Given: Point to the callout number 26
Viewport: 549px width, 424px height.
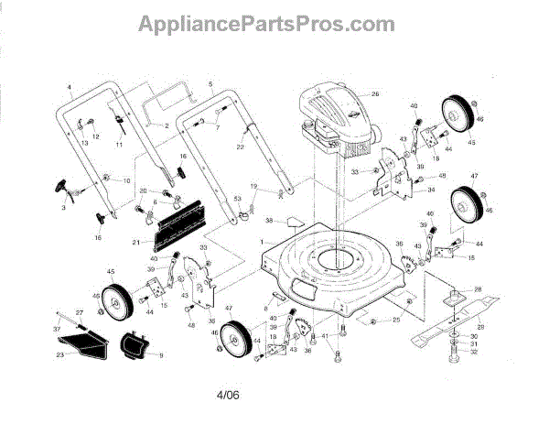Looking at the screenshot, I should tap(375, 94).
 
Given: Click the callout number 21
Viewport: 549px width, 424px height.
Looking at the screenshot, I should tap(135, 242).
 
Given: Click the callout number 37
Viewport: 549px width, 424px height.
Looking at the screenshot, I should tap(55, 328).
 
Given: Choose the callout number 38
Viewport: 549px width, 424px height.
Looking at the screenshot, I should tap(269, 221).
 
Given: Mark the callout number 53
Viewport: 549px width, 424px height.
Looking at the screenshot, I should tap(237, 198).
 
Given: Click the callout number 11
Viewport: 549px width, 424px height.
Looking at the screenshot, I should tap(119, 146).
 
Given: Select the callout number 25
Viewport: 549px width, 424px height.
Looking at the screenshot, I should tap(396, 320).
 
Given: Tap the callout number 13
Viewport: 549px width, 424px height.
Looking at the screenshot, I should tap(83, 144).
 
